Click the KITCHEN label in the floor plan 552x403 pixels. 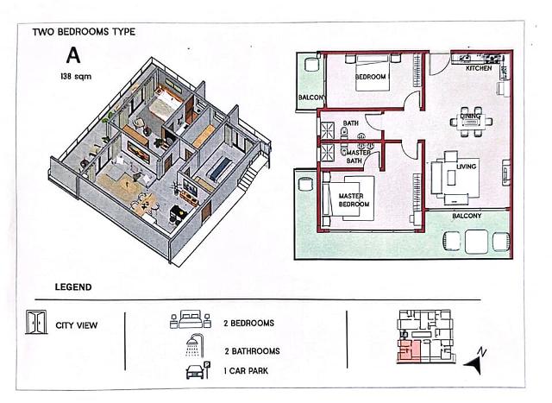[x=479, y=68]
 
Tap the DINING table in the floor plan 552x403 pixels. [x=471, y=122]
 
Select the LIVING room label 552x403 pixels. [x=466, y=167]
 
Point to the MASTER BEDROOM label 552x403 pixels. [x=354, y=200]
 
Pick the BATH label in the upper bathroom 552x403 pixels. [x=351, y=123]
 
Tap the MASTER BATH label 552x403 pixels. [x=356, y=156]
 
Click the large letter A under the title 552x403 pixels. [x=73, y=55]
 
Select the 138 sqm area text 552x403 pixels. [x=76, y=76]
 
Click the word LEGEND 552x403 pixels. [x=73, y=287]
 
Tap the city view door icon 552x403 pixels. [x=36, y=322]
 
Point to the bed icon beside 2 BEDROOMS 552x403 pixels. [x=191, y=319]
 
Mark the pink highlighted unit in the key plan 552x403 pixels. [x=409, y=351]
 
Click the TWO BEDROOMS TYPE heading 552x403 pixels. [x=84, y=32]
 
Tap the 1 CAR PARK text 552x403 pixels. [x=246, y=370]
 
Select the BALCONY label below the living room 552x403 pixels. [x=467, y=216]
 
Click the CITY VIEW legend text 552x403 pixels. [x=77, y=325]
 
